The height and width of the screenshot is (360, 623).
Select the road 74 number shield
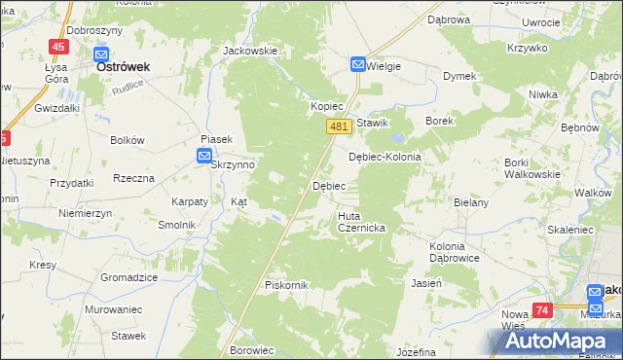coord(543,310)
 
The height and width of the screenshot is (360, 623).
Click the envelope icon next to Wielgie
coord(358,65)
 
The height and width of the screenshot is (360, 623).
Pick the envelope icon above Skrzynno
coord(204,156)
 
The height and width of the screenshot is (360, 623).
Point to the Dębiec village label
coord(327,185)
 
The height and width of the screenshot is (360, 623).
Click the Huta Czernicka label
coord(362,221)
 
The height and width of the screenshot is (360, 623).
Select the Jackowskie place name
coord(250,51)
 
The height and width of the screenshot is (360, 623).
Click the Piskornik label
coord(286,285)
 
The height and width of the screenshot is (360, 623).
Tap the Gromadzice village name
coord(128,277)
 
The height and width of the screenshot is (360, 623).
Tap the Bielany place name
coord(470,202)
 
